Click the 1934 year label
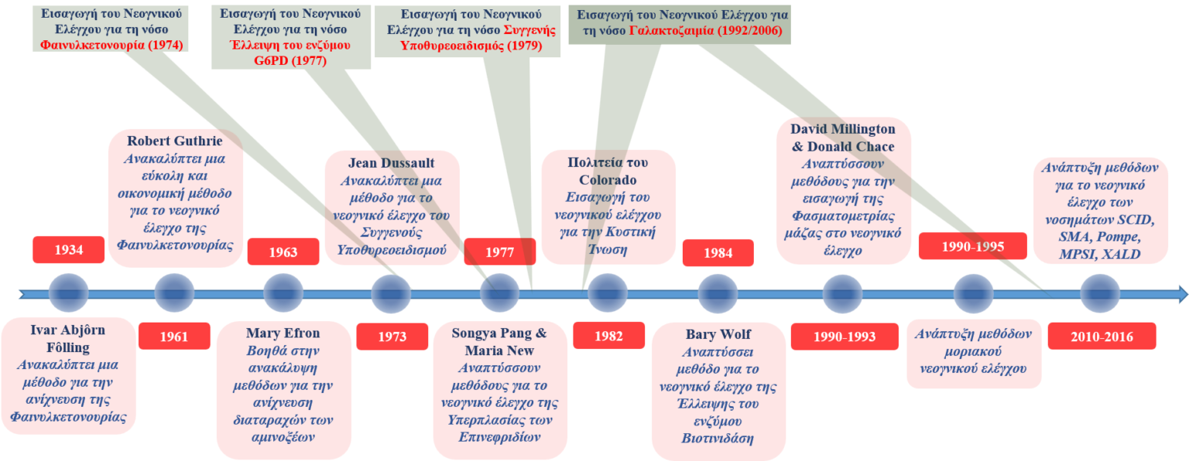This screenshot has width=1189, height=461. [69, 250]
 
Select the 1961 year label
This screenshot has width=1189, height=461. [173, 336]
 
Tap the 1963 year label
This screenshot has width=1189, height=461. [283, 252]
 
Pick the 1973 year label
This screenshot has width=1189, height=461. [392, 336]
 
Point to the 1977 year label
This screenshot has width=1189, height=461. [499, 252]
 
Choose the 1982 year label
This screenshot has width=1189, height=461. [609, 336]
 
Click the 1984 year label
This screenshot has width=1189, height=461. [718, 253]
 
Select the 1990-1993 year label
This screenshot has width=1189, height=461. [844, 336]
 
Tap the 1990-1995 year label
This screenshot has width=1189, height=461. [973, 247]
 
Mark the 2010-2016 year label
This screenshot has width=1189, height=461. [1101, 336]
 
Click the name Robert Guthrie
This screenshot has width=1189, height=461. [175, 142]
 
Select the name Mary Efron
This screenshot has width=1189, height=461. [283, 333]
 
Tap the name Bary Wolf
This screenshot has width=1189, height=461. [717, 335]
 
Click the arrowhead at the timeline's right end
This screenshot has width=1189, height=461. [1182, 294]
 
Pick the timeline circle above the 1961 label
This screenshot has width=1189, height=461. [174, 294]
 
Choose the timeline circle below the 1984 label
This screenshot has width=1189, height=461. [718, 294]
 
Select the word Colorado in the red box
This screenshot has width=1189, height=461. [608, 179]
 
